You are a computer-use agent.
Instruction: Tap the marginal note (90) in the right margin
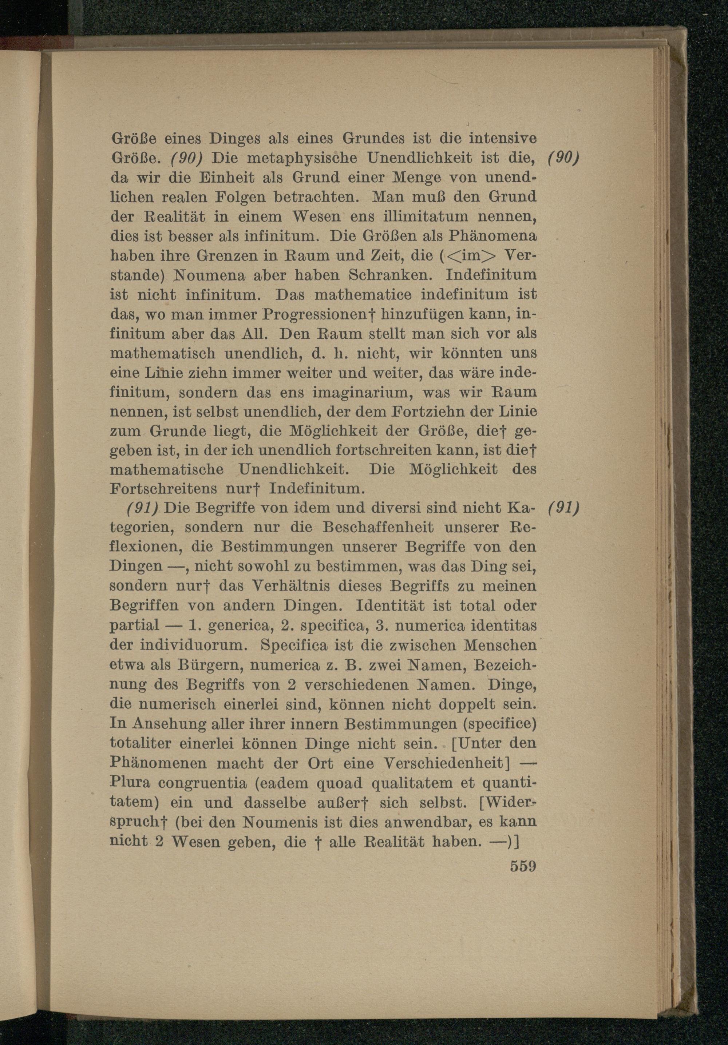coord(563,158)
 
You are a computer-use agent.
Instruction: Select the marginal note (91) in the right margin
coord(563,508)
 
